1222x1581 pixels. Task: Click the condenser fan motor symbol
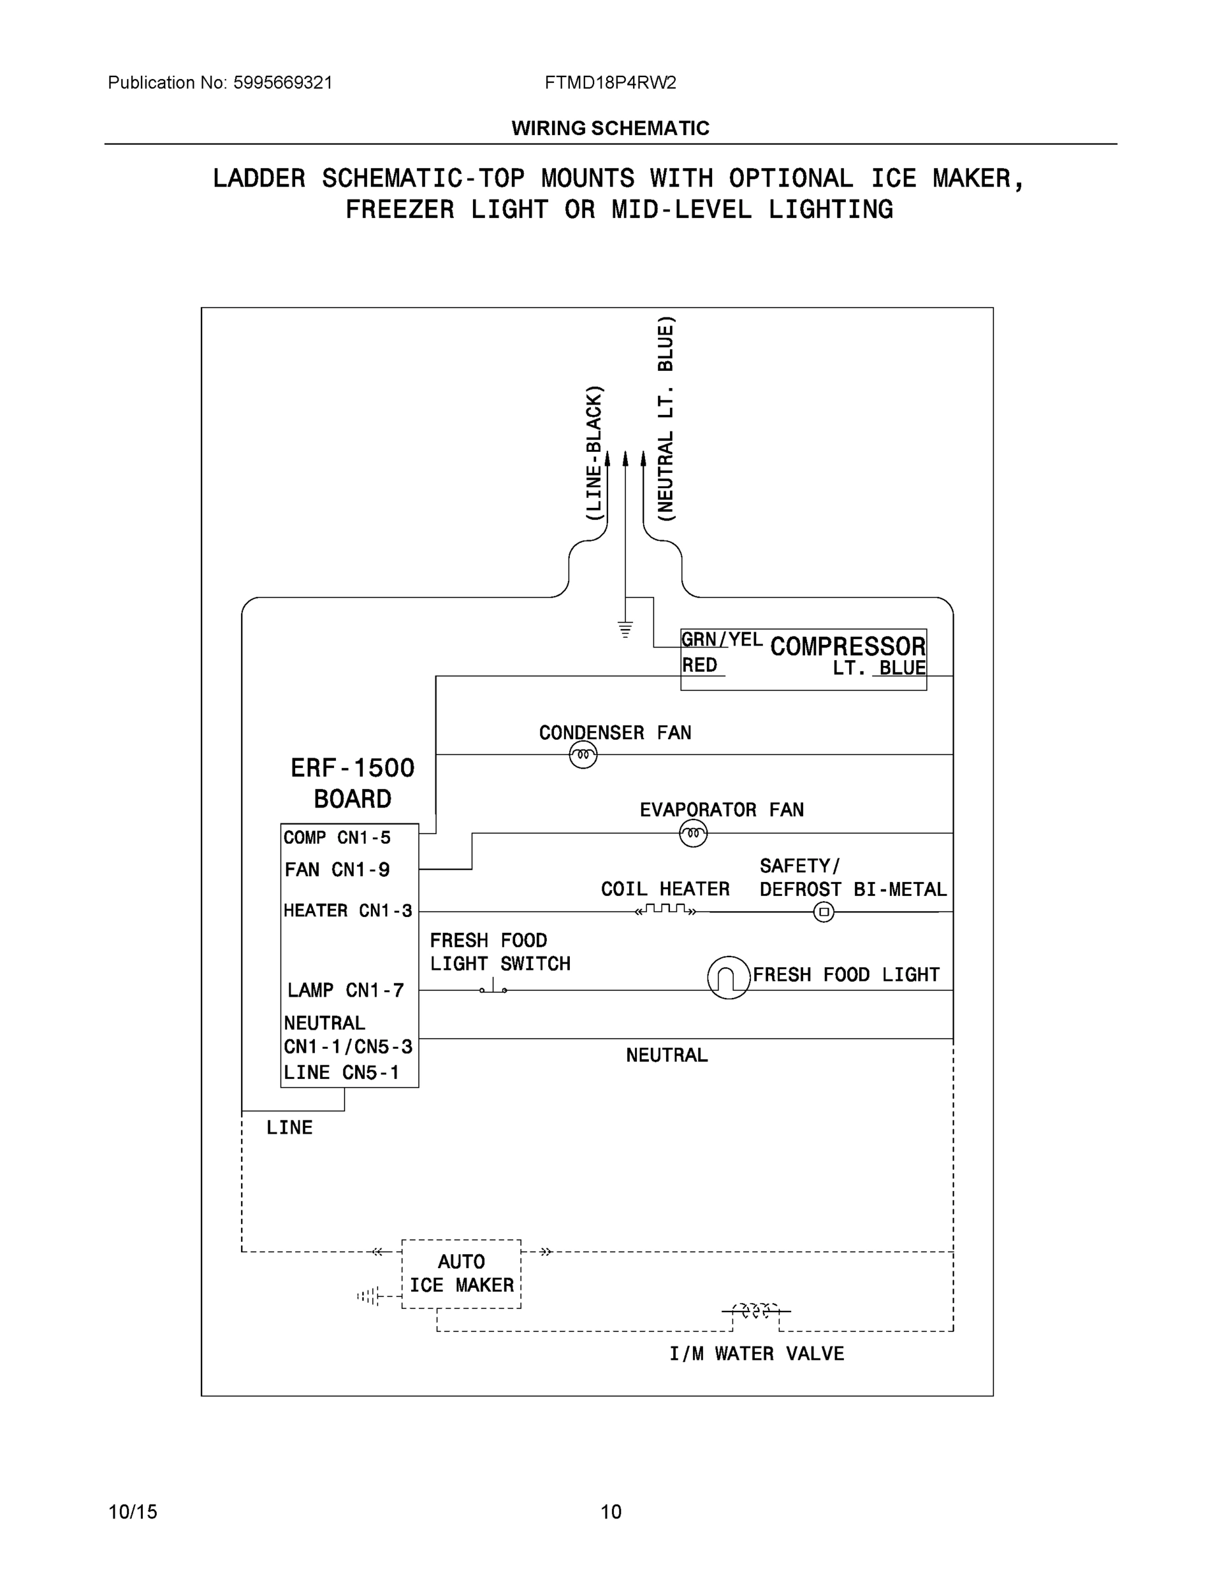pos(583,755)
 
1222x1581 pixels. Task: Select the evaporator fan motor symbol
pos(693,834)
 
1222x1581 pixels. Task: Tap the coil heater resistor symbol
pos(665,909)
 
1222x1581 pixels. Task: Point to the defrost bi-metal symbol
pos(823,912)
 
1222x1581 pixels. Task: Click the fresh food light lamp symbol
pos(729,978)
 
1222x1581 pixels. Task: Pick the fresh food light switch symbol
pos(493,987)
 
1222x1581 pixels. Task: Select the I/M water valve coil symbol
pos(755,1311)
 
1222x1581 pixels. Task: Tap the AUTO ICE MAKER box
pos(461,1274)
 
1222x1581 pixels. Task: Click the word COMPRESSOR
pos(847,646)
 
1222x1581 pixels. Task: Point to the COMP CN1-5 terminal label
pos(337,837)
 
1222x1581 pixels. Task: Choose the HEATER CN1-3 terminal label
pos(347,910)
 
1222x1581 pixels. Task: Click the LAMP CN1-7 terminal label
pos(345,989)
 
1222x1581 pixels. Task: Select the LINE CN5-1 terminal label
pos(341,1073)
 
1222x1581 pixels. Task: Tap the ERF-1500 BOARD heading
pos(352,783)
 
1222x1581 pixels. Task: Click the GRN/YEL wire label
pos(721,639)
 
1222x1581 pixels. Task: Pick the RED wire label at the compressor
pos(700,665)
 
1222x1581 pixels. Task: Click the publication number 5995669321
pos(283,82)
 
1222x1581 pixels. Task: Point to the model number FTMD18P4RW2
pos(610,82)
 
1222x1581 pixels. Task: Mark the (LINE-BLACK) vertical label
pos(594,453)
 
